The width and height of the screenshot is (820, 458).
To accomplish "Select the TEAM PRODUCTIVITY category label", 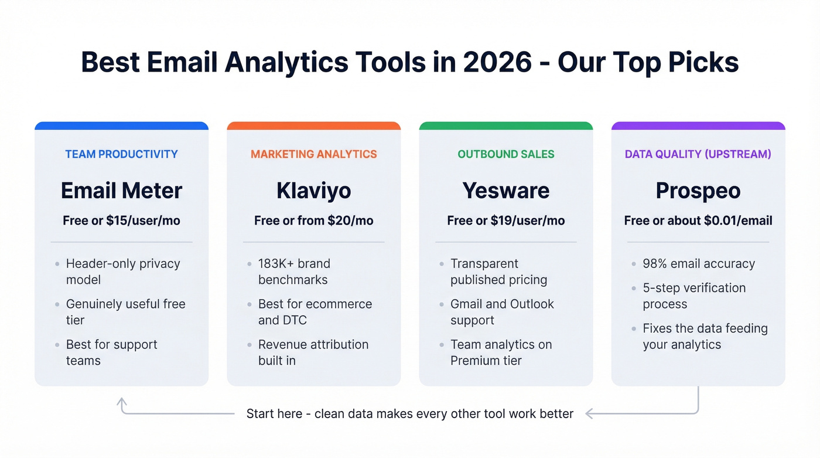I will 121,154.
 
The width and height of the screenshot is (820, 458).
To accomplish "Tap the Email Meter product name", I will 121,191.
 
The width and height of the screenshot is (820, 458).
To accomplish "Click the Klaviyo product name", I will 314,191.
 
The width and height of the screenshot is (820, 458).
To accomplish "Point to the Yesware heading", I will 506,191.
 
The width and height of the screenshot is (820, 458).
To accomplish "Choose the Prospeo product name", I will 698,191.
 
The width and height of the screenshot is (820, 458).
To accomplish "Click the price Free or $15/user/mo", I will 121,220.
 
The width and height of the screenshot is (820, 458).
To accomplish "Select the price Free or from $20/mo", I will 314,220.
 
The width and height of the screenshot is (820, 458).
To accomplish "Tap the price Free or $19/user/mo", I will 506,220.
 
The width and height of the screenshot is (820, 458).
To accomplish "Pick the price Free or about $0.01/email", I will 698,220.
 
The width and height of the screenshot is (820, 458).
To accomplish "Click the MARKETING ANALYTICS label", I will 314,154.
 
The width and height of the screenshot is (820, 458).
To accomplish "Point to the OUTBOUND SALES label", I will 506,154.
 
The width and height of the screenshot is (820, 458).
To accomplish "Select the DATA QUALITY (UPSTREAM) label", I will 698,154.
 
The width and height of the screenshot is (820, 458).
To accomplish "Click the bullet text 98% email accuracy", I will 699,264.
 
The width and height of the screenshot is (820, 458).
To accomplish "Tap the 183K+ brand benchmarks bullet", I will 294,272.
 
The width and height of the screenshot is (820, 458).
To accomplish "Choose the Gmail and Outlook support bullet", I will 502,312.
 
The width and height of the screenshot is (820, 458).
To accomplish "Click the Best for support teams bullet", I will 111,352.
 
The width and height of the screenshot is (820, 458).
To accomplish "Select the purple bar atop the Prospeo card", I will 698,125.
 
